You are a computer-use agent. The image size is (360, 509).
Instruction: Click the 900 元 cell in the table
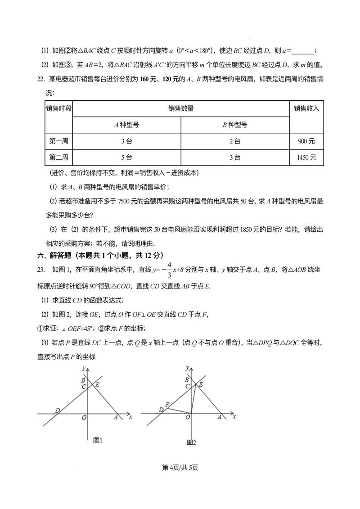pos(306,141)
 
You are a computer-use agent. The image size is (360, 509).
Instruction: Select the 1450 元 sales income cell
pos(306,158)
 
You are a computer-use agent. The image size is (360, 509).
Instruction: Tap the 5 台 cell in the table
pos(126,158)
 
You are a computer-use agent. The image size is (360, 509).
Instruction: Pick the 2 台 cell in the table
pos(234,141)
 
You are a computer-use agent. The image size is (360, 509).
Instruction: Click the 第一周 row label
pos(58,141)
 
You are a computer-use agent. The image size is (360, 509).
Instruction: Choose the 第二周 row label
pos(58,158)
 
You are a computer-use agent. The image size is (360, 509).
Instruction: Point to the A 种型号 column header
pos(126,125)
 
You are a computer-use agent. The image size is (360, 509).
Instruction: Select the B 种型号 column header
pos(234,125)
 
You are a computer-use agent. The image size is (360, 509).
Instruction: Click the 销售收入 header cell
pos(306,108)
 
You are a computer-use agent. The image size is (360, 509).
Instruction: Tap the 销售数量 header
pos(181,108)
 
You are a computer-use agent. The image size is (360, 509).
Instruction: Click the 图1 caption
pos(98,440)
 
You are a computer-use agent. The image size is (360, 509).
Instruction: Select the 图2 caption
pos(192,442)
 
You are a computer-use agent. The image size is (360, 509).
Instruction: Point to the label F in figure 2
pos(167,405)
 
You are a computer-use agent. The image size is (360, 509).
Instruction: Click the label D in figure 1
pos(58,410)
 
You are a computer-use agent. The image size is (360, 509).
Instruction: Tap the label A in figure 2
pos(219,417)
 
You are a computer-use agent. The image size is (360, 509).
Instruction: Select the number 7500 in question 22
pos(123,202)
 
